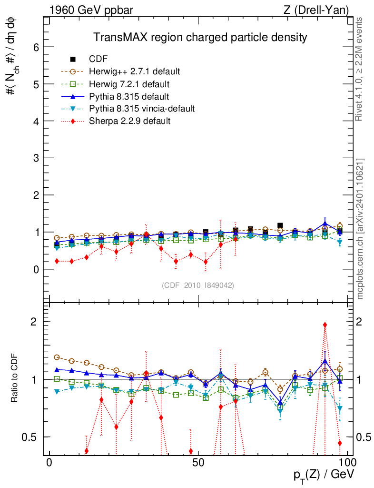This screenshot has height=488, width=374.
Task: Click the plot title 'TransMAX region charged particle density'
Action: [x=200, y=37]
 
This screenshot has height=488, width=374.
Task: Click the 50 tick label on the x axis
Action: [x=198, y=463]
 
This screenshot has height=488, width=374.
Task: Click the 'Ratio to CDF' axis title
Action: [x=14, y=378]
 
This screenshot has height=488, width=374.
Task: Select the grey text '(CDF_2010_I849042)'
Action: [x=198, y=285]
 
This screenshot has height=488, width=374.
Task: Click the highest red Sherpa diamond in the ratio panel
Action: [x=325, y=325]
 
